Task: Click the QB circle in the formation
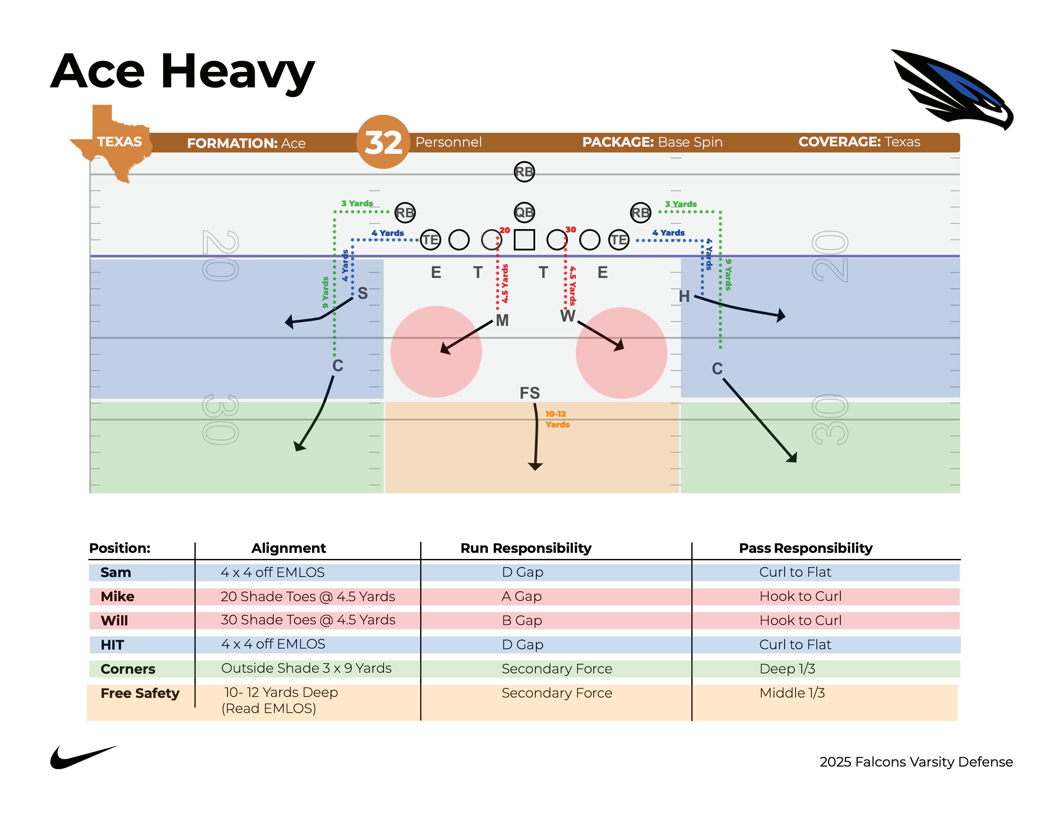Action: coord(524,212)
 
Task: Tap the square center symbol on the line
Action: coord(524,240)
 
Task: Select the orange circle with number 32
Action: coord(383,142)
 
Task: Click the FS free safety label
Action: coord(529,393)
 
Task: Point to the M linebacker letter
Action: coord(502,320)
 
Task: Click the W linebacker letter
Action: coord(567,316)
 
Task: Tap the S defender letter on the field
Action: coord(362,293)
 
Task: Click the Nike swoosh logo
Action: coord(83,757)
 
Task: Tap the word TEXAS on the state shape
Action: coord(119,142)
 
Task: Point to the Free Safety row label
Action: coord(140,693)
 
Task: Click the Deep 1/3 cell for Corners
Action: coord(787,669)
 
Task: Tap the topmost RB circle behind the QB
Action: coord(524,172)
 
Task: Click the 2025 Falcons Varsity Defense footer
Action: coord(916,762)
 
